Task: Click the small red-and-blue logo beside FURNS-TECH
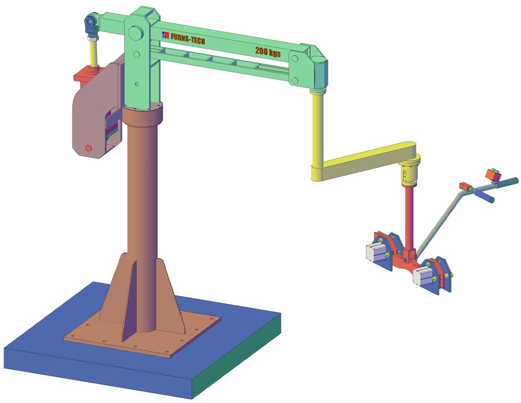[166, 35]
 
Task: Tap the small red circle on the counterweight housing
[88, 148]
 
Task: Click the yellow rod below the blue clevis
[93, 52]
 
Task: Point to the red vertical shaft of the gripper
[409, 215]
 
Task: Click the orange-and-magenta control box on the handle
[492, 174]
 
